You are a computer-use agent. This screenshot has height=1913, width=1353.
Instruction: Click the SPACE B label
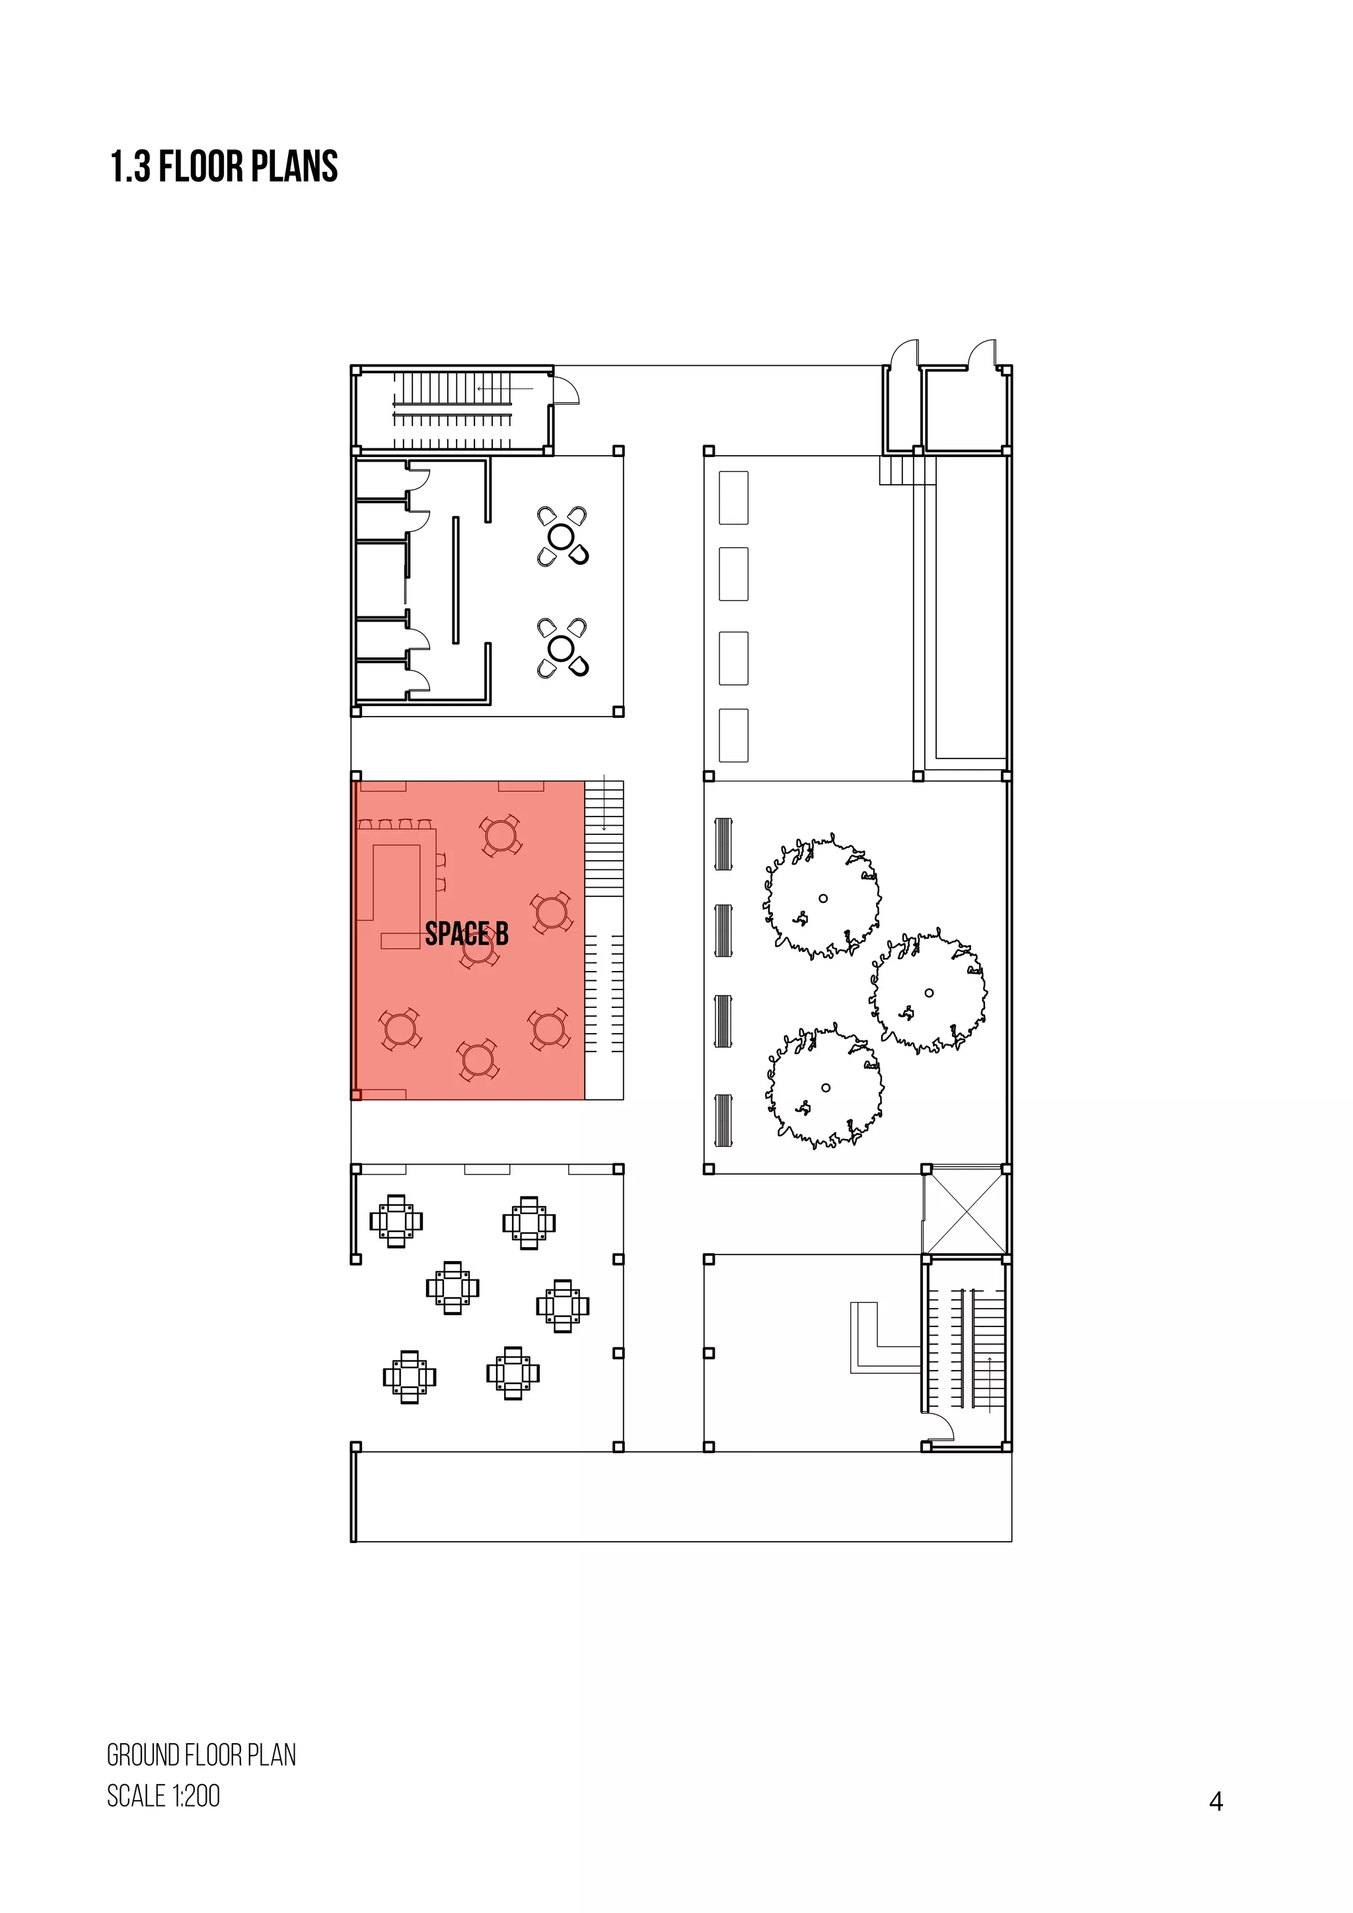pyautogui.click(x=466, y=933)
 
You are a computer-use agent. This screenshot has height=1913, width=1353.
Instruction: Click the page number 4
pyautogui.click(x=1216, y=1801)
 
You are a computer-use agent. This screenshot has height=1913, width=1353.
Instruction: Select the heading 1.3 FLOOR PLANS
pyautogui.click(x=224, y=166)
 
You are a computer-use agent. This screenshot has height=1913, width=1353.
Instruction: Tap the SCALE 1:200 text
pyautogui.click(x=163, y=1795)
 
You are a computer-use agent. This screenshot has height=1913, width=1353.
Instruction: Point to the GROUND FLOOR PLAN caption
pyautogui.click(x=201, y=1756)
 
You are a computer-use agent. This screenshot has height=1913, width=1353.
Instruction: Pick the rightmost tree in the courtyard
pyautogui.click(x=928, y=992)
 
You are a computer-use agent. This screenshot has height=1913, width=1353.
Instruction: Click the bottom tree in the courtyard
pyautogui.click(x=824, y=1087)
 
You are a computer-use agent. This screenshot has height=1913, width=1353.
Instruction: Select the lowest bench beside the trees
pyautogui.click(x=723, y=1120)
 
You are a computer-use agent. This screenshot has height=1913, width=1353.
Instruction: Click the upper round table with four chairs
pyautogui.click(x=562, y=536)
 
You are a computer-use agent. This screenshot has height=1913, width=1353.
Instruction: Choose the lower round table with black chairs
pyautogui.click(x=562, y=647)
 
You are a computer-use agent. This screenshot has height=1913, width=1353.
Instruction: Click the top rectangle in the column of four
pyautogui.click(x=733, y=497)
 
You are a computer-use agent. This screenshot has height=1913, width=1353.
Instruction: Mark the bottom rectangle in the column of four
pyautogui.click(x=733, y=735)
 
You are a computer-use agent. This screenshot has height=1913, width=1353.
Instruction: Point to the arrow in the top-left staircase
pyautogui.click(x=504, y=389)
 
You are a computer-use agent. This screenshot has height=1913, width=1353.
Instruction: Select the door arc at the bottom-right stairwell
pyautogui.click(x=941, y=1426)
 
